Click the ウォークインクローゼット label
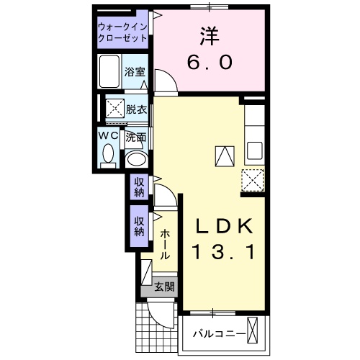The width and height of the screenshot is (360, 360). pos(123,32)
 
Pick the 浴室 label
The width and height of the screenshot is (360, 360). pos(134,72)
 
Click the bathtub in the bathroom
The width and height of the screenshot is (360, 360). pos(110,72)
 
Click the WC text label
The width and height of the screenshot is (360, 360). pos(109,135)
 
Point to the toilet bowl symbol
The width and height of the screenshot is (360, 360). pos(109,154)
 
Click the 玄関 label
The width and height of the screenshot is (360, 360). pos(164,287)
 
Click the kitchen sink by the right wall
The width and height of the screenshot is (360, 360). pos(254,151)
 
